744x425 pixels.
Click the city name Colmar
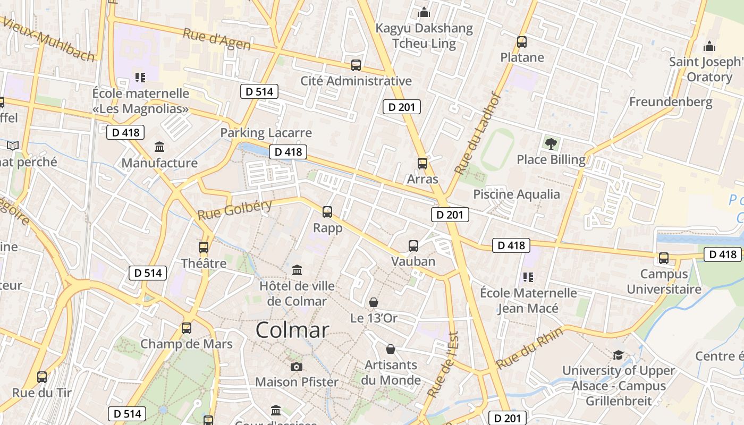pyautogui.click(x=292, y=330)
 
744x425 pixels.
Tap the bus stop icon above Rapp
pyautogui.click(x=327, y=212)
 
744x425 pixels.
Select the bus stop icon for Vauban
pyautogui.click(x=413, y=245)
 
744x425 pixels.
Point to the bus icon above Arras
pyautogui.click(x=422, y=163)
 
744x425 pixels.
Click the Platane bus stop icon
pyautogui.click(x=522, y=41)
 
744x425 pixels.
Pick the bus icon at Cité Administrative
pyautogui.click(x=356, y=65)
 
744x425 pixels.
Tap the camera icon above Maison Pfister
pyautogui.click(x=297, y=367)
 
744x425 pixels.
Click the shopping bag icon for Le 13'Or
pyautogui.click(x=374, y=302)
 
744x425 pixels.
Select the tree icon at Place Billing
pyautogui.click(x=551, y=143)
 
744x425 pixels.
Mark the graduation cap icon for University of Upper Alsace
pyautogui.click(x=618, y=355)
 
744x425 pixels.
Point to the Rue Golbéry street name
pyautogui.click(x=234, y=210)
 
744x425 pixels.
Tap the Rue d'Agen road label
pyautogui.click(x=216, y=39)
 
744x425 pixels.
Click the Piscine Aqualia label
pyautogui.click(x=517, y=194)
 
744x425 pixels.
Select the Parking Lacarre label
pyautogui.click(x=266, y=133)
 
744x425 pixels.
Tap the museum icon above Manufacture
pyautogui.click(x=159, y=147)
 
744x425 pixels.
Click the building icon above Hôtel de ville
pyautogui.click(x=297, y=270)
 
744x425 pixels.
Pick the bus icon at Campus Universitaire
pyautogui.click(x=664, y=258)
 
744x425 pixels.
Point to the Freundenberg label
pyautogui.click(x=671, y=101)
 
